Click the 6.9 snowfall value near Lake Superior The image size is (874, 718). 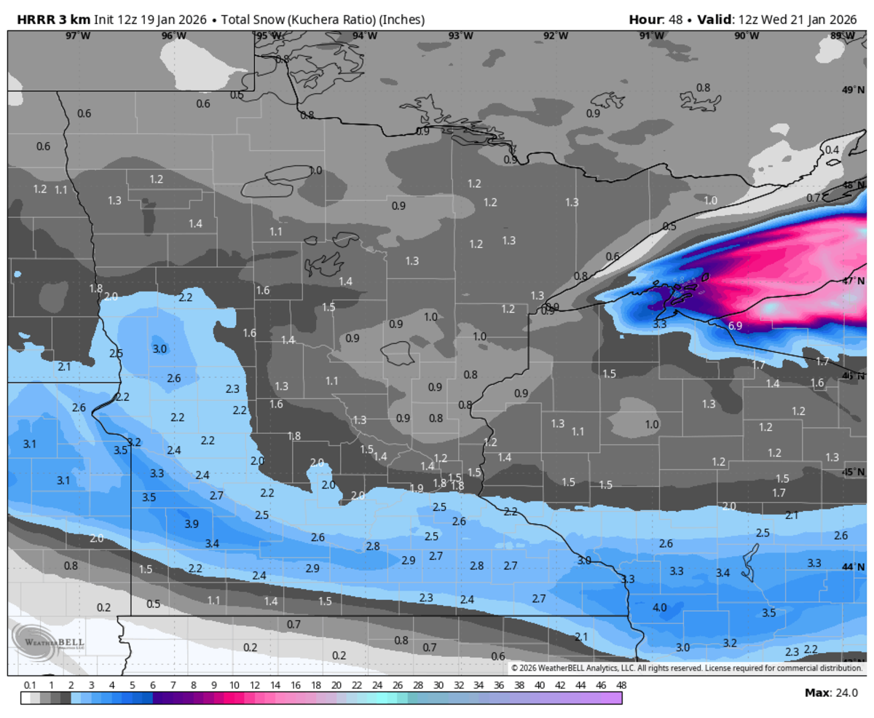(x=735, y=326)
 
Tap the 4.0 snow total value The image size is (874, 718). (x=660, y=607)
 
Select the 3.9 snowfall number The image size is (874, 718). (x=192, y=524)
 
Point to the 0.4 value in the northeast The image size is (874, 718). (x=832, y=149)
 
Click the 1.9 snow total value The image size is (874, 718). (x=417, y=488)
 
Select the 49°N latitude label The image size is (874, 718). (x=851, y=90)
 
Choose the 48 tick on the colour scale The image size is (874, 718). (x=621, y=685)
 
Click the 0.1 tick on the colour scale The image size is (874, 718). (x=30, y=685)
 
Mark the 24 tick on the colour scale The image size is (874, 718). (x=377, y=685)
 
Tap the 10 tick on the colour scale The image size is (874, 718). (x=234, y=685)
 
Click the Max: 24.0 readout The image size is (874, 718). (x=831, y=692)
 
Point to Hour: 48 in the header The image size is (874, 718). (x=655, y=20)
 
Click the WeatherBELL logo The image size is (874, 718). (x=47, y=642)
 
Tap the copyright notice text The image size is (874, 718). (x=686, y=668)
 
